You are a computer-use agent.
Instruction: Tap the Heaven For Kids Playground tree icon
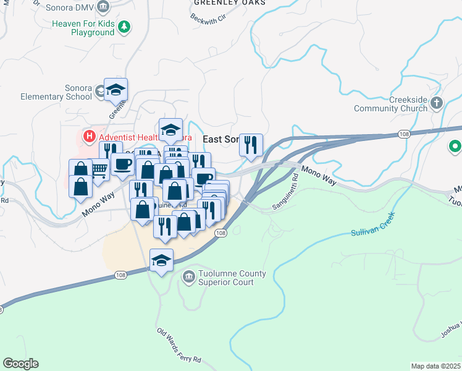(x=125, y=26)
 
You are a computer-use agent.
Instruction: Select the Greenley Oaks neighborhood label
(x=230, y=2)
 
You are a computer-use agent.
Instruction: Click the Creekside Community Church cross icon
(x=437, y=103)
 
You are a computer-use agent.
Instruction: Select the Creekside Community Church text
(x=390, y=104)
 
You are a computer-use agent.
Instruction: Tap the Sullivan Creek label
(x=372, y=227)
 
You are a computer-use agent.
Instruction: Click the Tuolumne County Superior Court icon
(x=188, y=278)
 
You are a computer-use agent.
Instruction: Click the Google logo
(x=20, y=364)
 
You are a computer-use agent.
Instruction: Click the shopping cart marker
(x=99, y=168)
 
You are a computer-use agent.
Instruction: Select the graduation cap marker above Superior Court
(x=161, y=260)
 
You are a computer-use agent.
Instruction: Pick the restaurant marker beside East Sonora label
(x=251, y=145)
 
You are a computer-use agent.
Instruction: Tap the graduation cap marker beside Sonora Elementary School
(x=115, y=90)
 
